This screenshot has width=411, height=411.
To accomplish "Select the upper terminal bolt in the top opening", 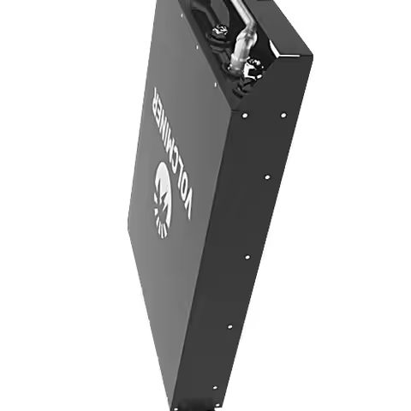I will point(217,34).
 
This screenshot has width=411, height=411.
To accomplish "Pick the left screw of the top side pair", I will point(244,114).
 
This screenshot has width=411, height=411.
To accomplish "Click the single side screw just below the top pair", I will point(266,177).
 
